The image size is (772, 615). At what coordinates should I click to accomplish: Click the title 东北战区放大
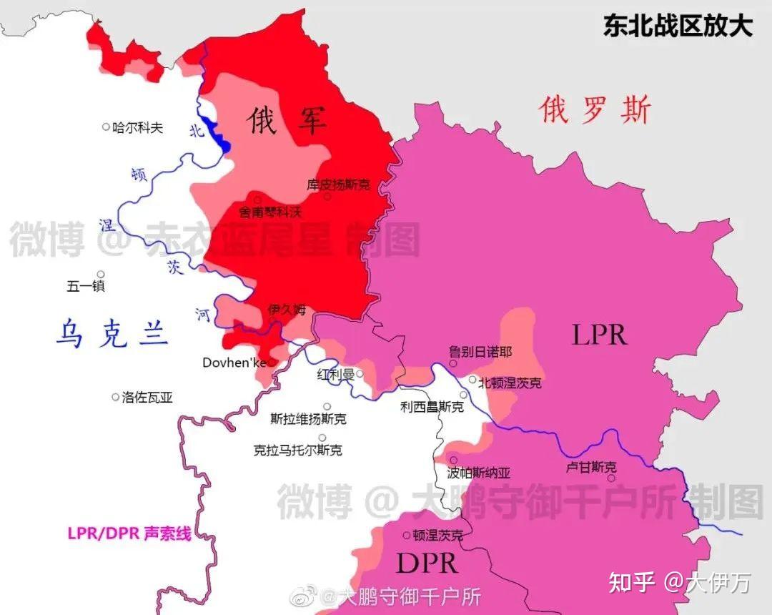pyautogui.click(x=677, y=26)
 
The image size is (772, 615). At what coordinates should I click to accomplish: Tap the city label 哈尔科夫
pyautogui.click(x=138, y=128)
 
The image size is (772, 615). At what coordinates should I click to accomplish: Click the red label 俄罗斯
pyautogui.click(x=595, y=111)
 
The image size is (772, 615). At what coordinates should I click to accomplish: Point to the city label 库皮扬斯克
pyautogui.click(x=339, y=184)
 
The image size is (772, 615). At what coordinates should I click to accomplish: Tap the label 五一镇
pyautogui.click(x=86, y=286)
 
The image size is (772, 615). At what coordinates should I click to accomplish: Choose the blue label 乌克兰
pyautogui.click(x=112, y=333)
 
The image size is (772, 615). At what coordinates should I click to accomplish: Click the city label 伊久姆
pyautogui.click(x=287, y=310)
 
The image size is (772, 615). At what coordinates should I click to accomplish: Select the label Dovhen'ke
pyautogui.click(x=234, y=363)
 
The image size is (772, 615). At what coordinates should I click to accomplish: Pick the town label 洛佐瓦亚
pyautogui.click(x=147, y=398)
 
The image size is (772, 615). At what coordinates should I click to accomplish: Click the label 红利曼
pyautogui.click(x=336, y=374)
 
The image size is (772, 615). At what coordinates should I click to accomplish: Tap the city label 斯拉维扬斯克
pyautogui.click(x=309, y=419)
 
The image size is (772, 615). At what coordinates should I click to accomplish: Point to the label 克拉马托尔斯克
pyautogui.click(x=298, y=451)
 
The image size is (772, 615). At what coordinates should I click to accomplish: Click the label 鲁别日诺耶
pyautogui.click(x=480, y=352)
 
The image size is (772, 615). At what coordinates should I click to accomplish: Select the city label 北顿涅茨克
pyautogui.click(x=510, y=383)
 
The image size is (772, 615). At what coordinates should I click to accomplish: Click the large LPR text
pyautogui.click(x=599, y=334)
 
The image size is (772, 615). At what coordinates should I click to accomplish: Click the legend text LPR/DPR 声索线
pyautogui.click(x=129, y=533)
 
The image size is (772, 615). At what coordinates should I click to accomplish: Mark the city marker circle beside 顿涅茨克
pyautogui.click(x=407, y=534)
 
